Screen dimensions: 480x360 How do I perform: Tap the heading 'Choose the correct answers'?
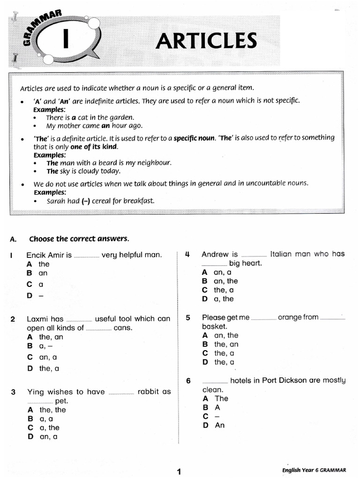[x=79, y=239]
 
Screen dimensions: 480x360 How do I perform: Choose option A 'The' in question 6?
[x=216, y=398]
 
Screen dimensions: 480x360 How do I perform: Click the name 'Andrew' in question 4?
[x=215, y=254]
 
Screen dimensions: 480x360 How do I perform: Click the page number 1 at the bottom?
[x=179, y=472]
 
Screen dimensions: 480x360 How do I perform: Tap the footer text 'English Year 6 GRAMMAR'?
[x=314, y=470]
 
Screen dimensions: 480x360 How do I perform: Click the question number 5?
[x=188, y=317]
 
